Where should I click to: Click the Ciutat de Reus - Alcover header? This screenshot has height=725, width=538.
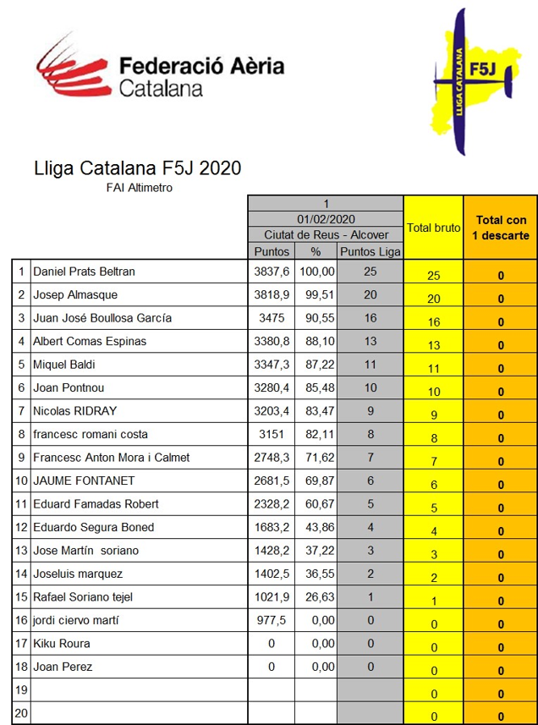click(x=326, y=234)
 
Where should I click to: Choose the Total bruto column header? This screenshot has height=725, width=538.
click(x=433, y=228)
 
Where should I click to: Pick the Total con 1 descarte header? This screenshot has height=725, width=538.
click(x=501, y=228)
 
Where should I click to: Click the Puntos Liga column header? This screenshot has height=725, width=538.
click(x=369, y=251)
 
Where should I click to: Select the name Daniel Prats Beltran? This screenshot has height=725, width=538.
click(x=84, y=272)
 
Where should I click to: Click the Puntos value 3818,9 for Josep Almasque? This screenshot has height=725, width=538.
click(x=272, y=295)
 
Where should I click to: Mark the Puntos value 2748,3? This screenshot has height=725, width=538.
click(x=272, y=458)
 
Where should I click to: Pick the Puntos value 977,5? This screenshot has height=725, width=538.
click(x=272, y=620)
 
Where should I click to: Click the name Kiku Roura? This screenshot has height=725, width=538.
click(x=62, y=643)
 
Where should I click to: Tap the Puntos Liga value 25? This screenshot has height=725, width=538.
click(x=369, y=272)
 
